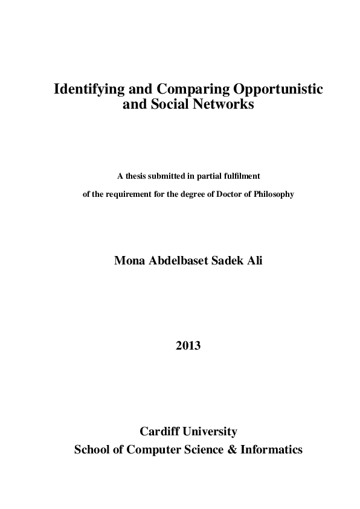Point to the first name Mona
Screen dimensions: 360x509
pyautogui.click(x=130, y=261)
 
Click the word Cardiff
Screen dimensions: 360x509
pyautogui.click(x=159, y=432)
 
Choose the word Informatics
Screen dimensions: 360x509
pyautogui.click(x=271, y=450)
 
